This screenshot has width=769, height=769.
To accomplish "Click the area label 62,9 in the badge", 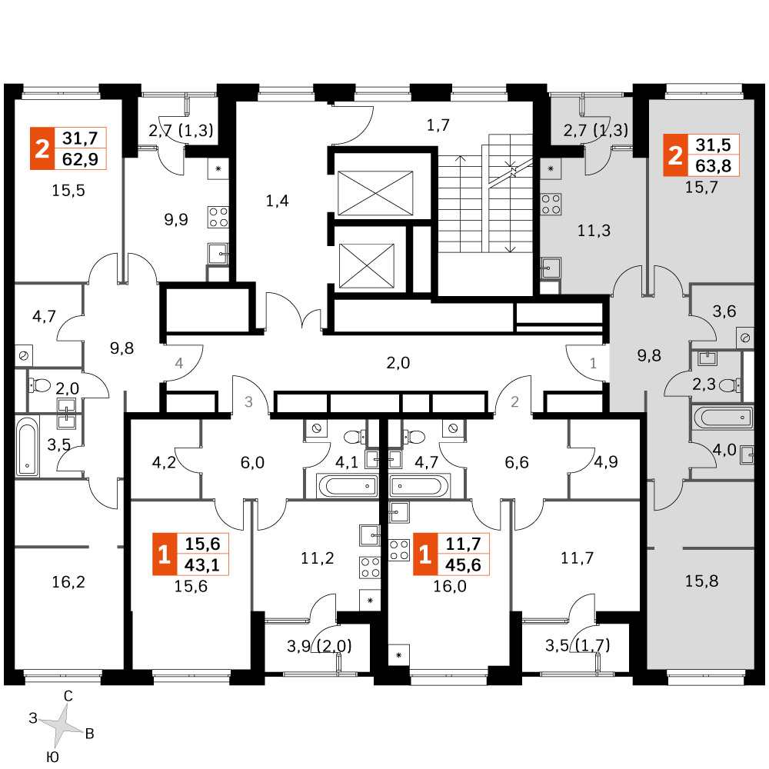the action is coord(80,159).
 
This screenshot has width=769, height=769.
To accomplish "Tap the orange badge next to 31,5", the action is coord(675,155).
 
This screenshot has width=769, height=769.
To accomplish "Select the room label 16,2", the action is coord(68,582).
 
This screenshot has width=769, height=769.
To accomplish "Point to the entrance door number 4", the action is coord(179,364).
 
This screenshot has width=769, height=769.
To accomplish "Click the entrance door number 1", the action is coord(593,364).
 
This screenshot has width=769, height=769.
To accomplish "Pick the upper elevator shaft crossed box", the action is coord(375,193).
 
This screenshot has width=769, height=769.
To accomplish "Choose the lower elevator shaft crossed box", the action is coord(367,266).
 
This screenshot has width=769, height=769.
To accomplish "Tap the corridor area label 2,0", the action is coord(398,363).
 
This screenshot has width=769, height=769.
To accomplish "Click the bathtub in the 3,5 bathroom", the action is coord(28,445).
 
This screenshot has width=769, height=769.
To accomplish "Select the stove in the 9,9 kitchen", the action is coord(218,218).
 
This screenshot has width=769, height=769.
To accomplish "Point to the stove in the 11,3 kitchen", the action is coord(551,205).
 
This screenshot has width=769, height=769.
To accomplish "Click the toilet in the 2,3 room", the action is coord(730,385).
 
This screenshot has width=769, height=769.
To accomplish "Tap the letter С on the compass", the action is coord(68,696).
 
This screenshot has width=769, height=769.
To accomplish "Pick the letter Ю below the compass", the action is coord(52,757).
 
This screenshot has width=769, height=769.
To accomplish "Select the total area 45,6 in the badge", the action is coord(463,565).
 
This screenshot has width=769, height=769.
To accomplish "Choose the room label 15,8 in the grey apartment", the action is coord(701,581).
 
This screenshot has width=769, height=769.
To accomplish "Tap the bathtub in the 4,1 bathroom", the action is coord(347,486).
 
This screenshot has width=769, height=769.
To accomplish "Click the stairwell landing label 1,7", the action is coord(438,125).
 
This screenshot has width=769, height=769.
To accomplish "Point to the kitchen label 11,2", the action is coord(318,558).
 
